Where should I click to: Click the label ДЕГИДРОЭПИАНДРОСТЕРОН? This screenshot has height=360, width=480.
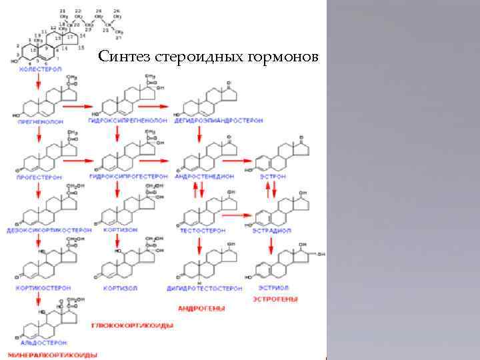[219, 121]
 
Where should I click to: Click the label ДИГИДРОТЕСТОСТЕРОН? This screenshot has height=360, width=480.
[209, 289]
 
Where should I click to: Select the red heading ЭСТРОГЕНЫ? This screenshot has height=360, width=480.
[275, 299]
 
